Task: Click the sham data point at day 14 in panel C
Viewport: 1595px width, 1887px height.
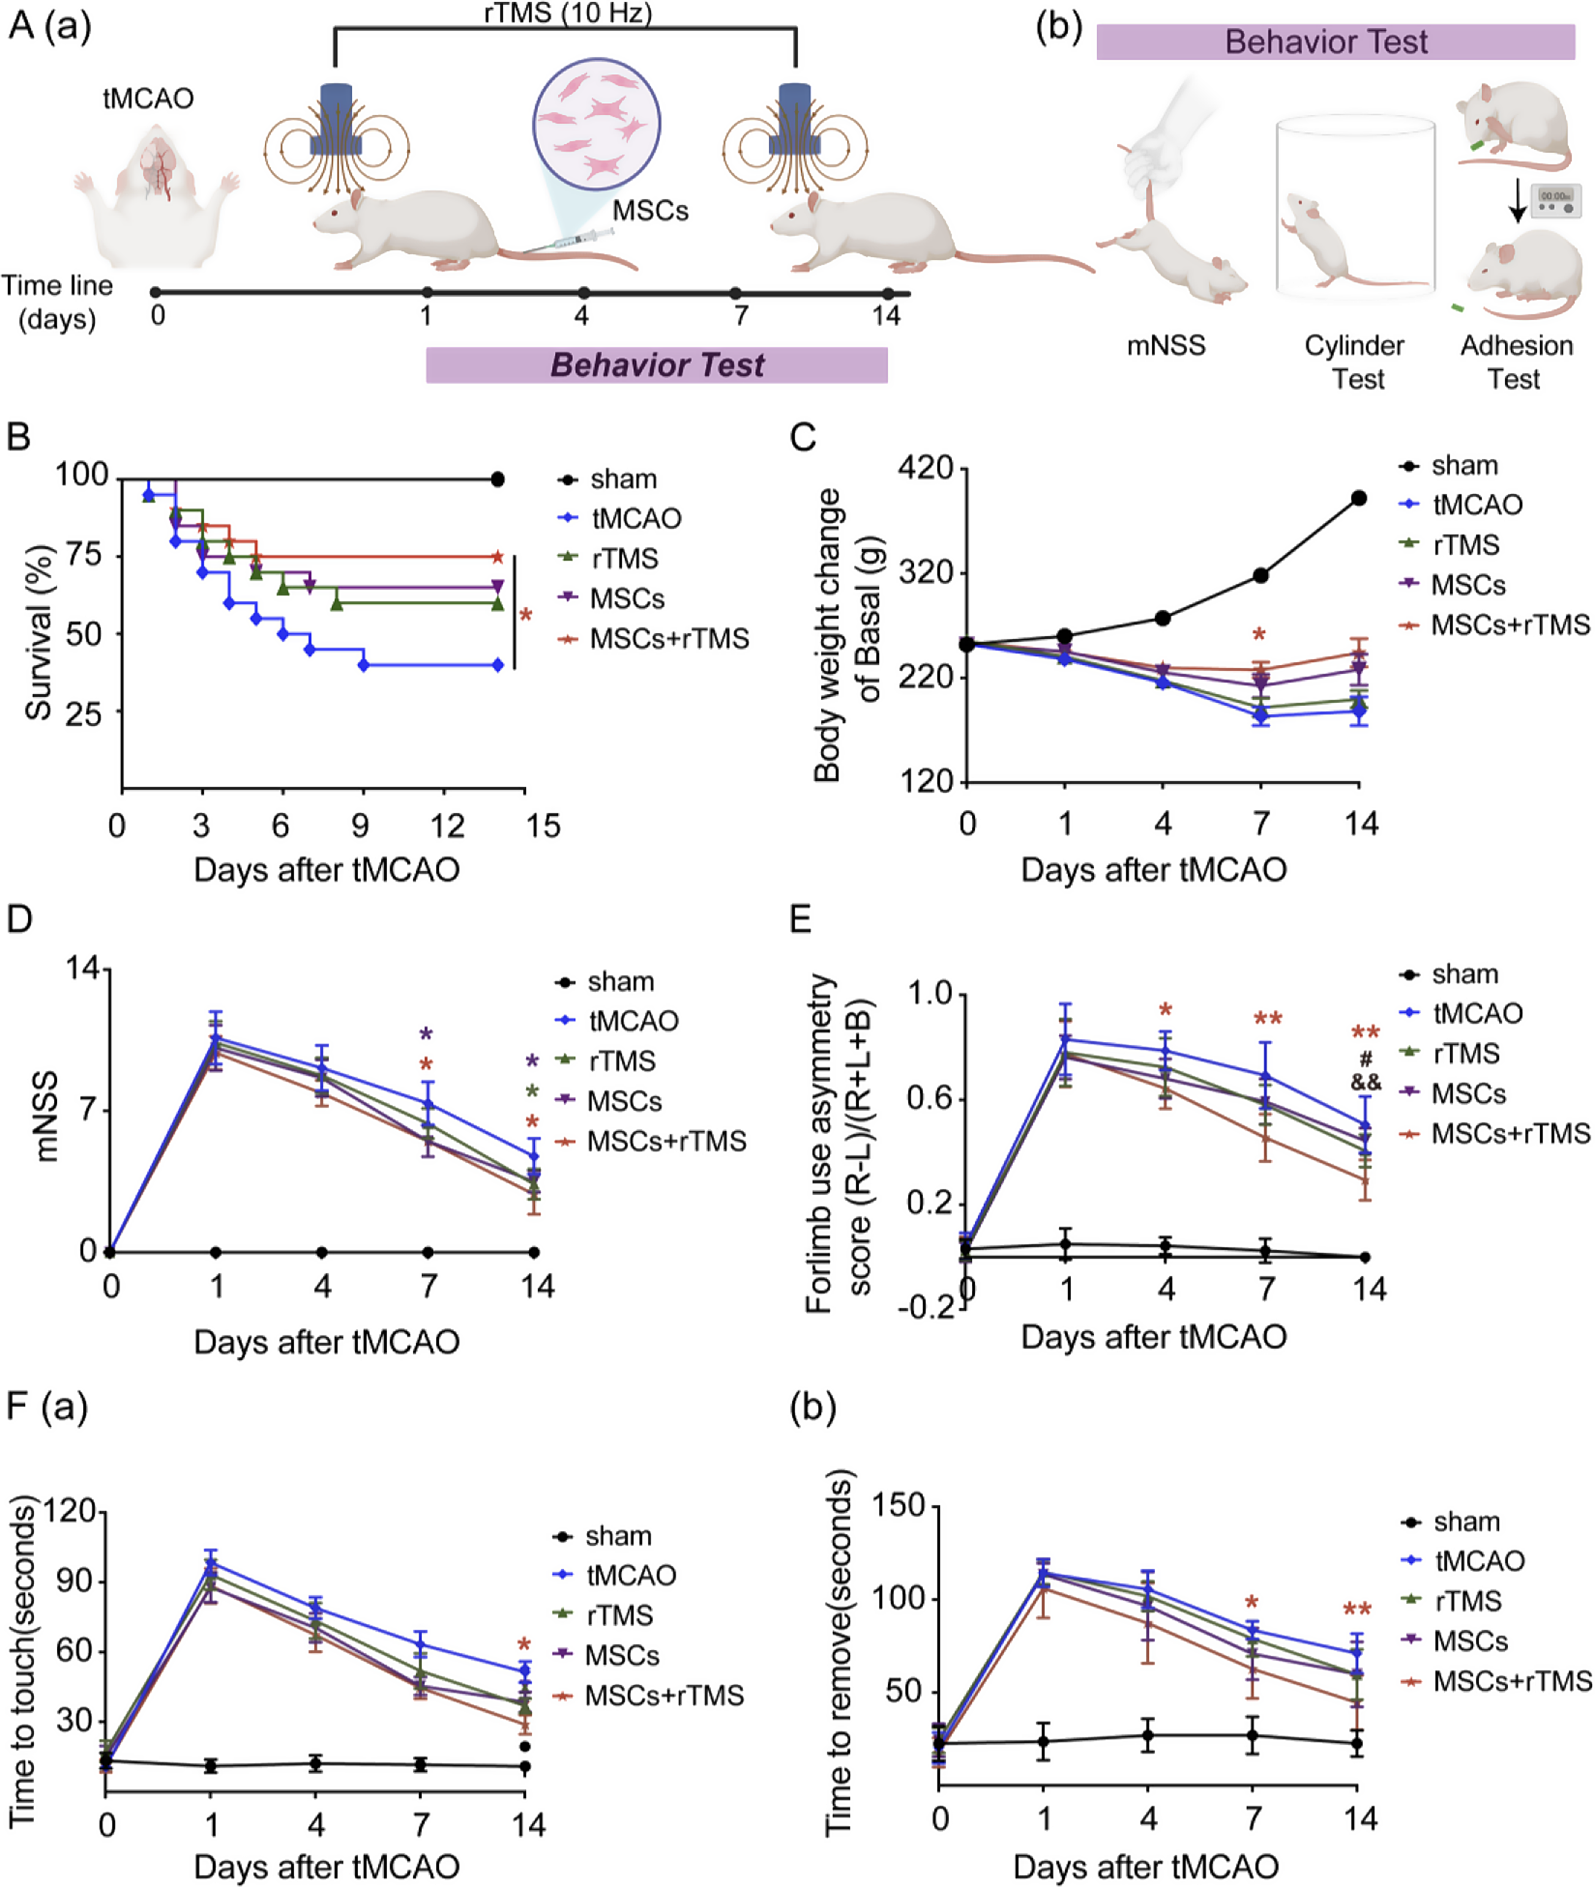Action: [1358, 498]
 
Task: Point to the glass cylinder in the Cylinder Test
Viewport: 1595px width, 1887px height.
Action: [1354, 208]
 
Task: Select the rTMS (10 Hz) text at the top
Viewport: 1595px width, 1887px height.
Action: [568, 13]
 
